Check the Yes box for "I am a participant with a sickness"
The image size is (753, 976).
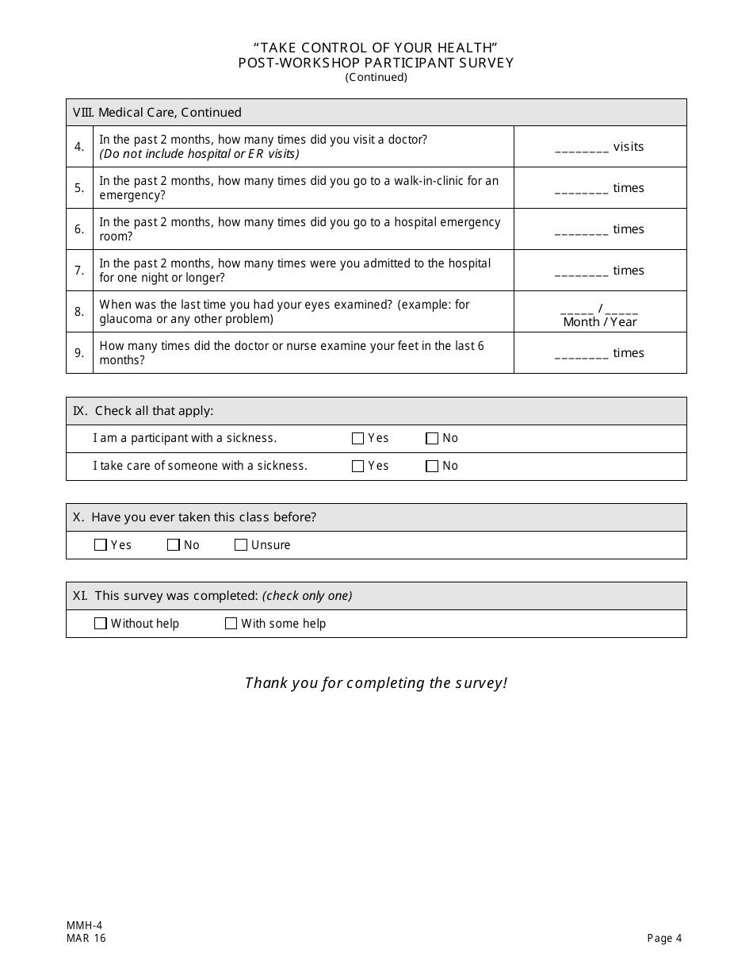[357, 439]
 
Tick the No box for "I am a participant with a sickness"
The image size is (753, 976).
[432, 439]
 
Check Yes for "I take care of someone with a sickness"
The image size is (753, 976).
[357, 467]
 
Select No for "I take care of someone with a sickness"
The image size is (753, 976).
[432, 467]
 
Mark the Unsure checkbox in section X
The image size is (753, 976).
[241, 545]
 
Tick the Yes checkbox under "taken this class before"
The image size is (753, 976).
[101, 545]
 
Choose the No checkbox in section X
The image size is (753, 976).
[174, 545]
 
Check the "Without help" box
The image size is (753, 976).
[101, 624]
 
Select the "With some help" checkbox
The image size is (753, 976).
[231, 624]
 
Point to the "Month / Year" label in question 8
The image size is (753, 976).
[600, 322]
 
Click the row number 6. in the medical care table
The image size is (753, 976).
[79, 229]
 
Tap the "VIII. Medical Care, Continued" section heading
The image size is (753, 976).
[157, 113]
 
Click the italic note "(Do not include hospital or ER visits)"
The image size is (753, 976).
[199, 154]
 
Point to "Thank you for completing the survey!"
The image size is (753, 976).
[376, 683]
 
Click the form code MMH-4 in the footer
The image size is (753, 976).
[85, 925]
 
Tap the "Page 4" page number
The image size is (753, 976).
[664, 939]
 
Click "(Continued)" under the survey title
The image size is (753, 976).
[376, 78]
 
